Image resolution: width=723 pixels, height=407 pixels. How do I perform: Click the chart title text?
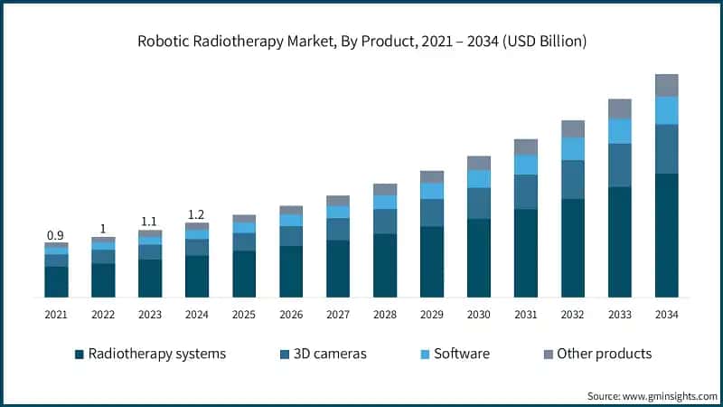(361, 41)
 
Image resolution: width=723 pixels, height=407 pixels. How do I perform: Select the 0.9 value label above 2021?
(56, 235)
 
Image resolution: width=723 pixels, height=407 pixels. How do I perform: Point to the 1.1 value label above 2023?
(150, 222)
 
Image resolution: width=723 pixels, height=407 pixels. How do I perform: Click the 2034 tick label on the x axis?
(667, 314)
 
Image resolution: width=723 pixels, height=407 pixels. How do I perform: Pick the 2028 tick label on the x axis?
(385, 314)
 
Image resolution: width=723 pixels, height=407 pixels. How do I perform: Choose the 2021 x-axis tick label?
(56, 314)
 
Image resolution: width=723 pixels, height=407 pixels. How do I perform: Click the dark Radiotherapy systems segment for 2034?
(667, 235)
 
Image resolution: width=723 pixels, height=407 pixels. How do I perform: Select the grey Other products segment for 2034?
(667, 85)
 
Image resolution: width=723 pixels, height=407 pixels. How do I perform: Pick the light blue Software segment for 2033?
(620, 131)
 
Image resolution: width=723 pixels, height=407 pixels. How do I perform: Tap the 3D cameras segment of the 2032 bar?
(573, 179)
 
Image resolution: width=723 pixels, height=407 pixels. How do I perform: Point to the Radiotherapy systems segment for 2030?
(479, 258)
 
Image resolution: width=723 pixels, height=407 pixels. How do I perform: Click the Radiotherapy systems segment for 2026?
(291, 271)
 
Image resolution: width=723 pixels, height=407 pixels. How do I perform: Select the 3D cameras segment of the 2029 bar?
(432, 213)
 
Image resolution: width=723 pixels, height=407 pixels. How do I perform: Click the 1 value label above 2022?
(103, 229)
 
